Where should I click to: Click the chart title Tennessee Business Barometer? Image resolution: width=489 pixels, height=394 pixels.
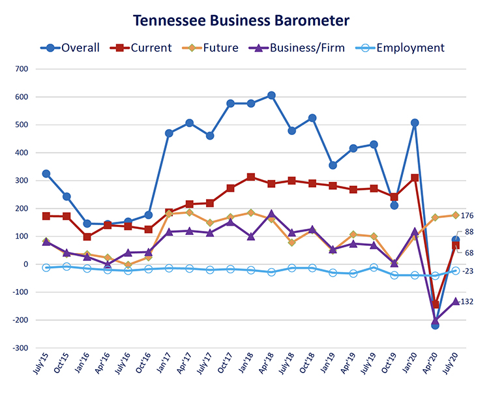[241, 20]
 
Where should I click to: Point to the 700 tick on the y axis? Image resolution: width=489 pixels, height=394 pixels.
[21, 69]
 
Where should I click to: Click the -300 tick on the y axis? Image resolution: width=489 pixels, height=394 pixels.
[20, 348]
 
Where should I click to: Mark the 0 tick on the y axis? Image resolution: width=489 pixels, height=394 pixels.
[26, 264]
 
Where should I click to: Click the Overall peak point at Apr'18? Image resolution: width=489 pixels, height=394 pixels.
[271, 96]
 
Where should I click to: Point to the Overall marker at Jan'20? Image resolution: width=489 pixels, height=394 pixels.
[415, 123]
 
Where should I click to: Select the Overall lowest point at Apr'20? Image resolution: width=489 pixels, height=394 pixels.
[435, 325]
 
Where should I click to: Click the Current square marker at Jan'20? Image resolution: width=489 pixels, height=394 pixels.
[415, 177]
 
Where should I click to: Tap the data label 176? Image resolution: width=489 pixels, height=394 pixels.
[467, 216]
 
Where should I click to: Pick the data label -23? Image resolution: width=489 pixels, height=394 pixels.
[467, 271]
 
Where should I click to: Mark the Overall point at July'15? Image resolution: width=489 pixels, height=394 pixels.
[46, 174]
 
